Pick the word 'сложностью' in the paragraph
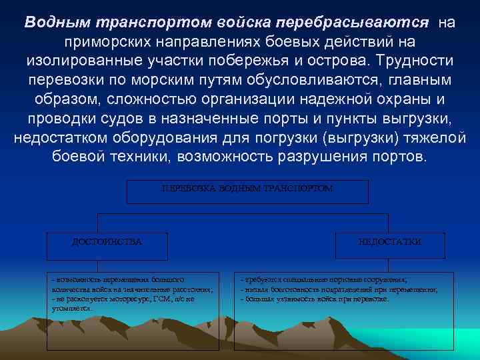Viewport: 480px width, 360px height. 139,100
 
